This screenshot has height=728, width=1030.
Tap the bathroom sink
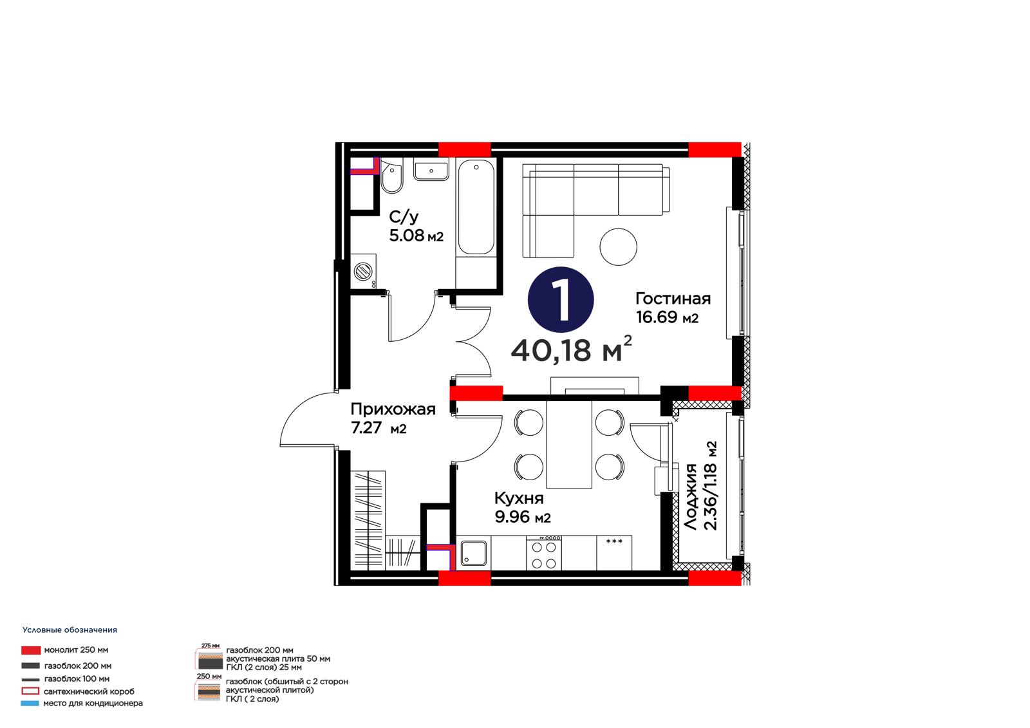pyautogui.click(x=431, y=169)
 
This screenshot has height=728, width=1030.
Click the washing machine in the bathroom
pyautogui.click(x=363, y=272)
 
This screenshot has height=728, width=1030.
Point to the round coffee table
pyautogui.click(x=618, y=247)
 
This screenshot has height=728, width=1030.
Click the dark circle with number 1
pyautogui.click(x=561, y=299)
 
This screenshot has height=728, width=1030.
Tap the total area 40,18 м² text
pyautogui.click(x=572, y=350)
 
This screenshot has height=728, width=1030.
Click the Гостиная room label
pyautogui.click(x=673, y=299)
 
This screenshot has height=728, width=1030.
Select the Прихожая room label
pyautogui.click(x=393, y=409)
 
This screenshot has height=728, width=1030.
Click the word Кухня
pyautogui.click(x=519, y=498)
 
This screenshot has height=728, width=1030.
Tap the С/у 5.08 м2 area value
pyautogui.click(x=416, y=236)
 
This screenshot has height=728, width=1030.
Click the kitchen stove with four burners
pyautogui.click(x=544, y=554)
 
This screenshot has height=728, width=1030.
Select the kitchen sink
pyautogui.click(x=474, y=554)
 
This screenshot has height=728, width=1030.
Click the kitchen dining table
pyautogui.click(x=569, y=444)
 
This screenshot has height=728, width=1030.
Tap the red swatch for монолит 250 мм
pyautogui.click(x=31, y=650)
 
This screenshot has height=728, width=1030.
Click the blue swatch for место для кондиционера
pyautogui.click(x=30, y=703)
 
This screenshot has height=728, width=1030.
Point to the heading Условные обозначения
pyautogui.click(x=70, y=630)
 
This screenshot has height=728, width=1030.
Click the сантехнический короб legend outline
pyautogui.click(x=30, y=691)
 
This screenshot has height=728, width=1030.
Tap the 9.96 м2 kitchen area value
pyautogui.click(x=522, y=518)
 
